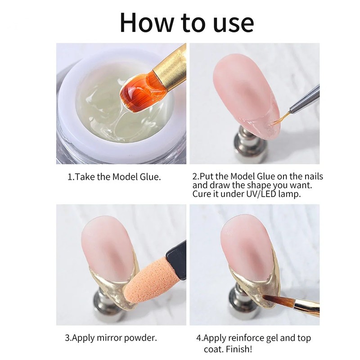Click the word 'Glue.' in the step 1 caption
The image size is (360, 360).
point(150,177)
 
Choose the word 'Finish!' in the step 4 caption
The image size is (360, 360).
point(239,349)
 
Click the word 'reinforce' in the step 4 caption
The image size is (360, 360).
point(246,338)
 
